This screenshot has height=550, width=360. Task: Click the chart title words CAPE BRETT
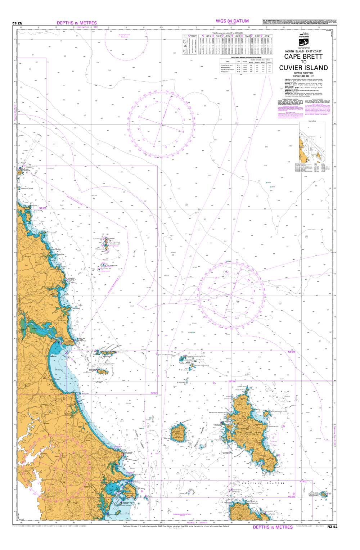pos(303,56)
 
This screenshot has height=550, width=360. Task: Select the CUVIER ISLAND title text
pos(303,68)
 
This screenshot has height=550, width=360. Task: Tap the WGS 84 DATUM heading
pos(232,21)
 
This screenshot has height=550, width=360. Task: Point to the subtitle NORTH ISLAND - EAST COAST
pos(303,51)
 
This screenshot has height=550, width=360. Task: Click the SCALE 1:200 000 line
pos(303,75)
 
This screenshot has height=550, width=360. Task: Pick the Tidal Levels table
pos(246,65)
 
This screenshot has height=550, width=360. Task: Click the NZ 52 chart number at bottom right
pos(333,527)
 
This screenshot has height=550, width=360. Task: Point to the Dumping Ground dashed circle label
pos(124,35)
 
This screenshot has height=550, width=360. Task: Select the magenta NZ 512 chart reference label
pos(42,208)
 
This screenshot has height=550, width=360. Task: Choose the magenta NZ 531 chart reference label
pos(232,381)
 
